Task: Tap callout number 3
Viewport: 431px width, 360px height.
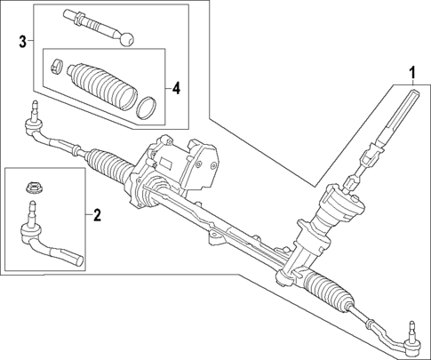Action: tap(21, 41)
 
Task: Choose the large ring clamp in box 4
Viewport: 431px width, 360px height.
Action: tap(146, 108)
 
